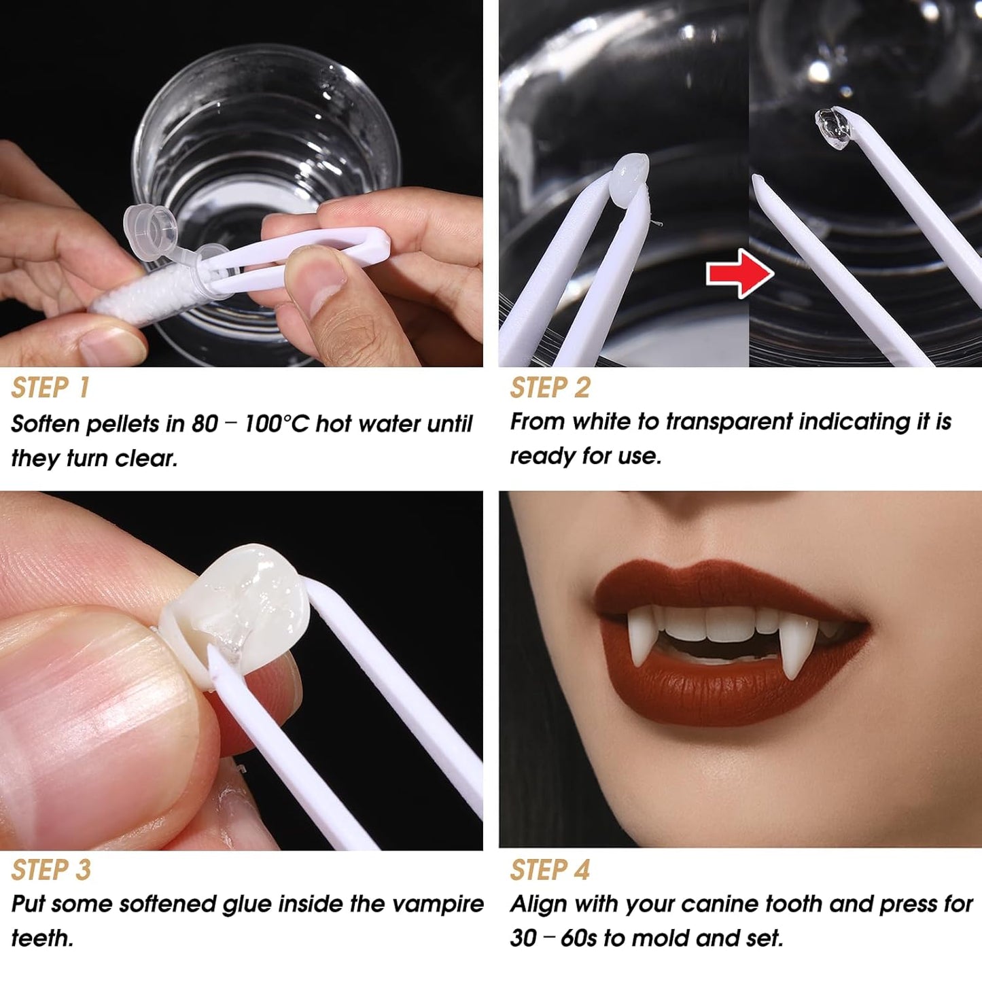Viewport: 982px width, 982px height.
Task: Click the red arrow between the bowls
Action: click(739, 273)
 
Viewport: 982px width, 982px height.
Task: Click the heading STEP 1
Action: click(50, 388)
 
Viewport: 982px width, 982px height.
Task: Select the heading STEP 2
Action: click(550, 388)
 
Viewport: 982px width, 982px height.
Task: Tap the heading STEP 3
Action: click(51, 871)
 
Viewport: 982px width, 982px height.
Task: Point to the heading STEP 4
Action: click(550, 871)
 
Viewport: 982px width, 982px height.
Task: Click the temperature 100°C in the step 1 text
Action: click(276, 424)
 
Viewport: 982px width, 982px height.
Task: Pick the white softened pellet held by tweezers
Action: click(630, 179)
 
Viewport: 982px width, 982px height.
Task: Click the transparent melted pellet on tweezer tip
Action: click(832, 127)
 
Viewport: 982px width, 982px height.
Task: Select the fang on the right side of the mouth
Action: click(792, 646)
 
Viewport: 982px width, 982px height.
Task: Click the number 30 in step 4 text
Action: click(523, 939)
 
